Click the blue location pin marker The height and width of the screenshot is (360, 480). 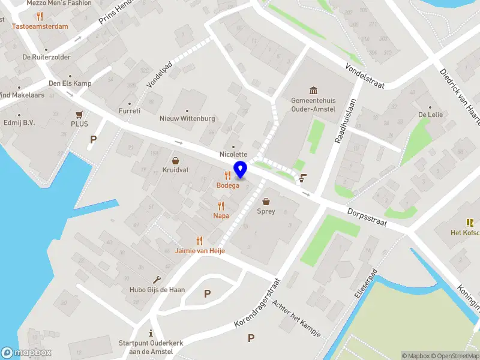240,170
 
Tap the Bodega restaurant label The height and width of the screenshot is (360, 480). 227,185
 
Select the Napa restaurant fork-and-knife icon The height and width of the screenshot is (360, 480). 221,206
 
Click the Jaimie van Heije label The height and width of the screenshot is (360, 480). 200,250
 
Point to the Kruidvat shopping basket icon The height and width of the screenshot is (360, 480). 175,161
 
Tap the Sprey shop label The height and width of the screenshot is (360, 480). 266,211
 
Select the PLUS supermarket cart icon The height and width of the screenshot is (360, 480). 79,114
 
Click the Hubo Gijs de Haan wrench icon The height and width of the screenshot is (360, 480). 157,280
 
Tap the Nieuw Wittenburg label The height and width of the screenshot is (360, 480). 187,118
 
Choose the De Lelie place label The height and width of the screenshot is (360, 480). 430,114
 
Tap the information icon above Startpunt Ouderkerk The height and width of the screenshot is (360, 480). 151,333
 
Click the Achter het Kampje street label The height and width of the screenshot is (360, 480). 296,317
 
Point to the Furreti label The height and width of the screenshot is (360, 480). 129,110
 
